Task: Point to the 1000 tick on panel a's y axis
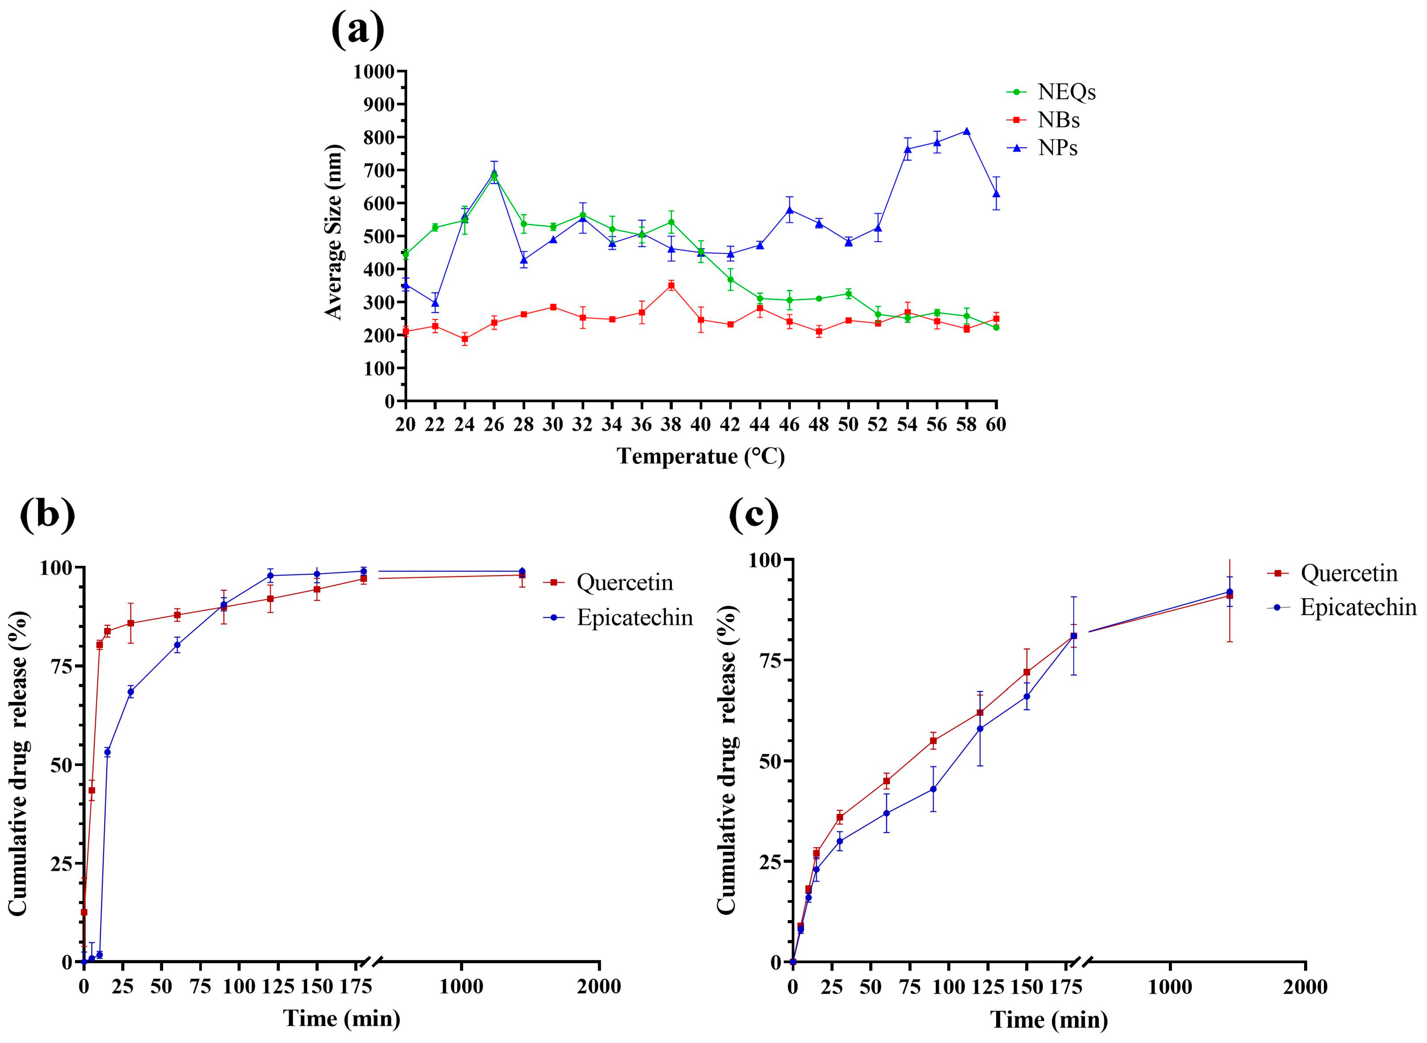point(374,71)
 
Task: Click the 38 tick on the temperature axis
point(671,424)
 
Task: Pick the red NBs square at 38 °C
point(671,285)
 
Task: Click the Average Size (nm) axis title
point(333,232)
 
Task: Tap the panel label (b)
point(47,514)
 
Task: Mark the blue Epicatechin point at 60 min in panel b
point(177,645)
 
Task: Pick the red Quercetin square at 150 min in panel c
point(1027,672)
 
